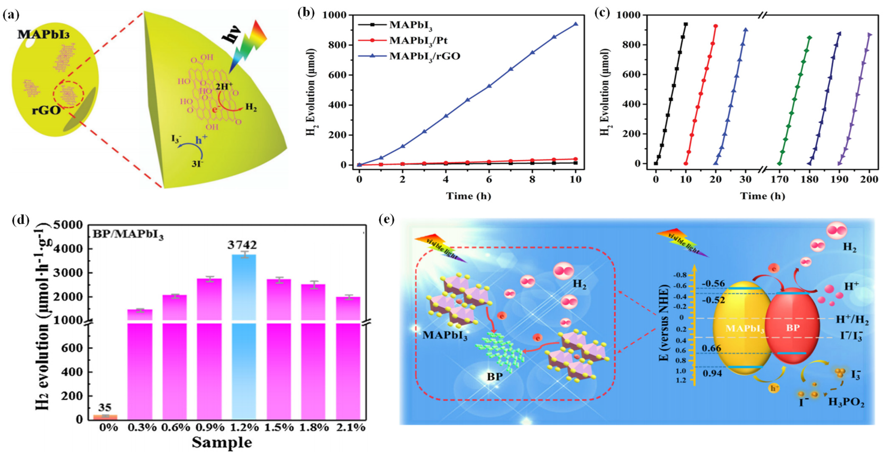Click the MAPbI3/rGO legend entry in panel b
point(424,56)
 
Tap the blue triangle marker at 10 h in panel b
point(576,24)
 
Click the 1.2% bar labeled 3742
point(244,336)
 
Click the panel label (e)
point(387,219)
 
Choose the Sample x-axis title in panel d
point(222,443)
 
